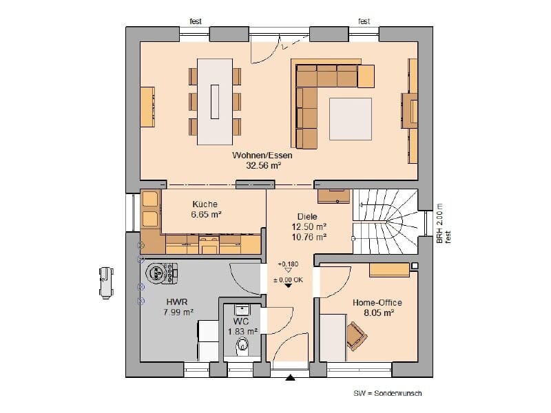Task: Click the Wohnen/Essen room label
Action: tap(262, 156)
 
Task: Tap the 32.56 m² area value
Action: tap(264, 166)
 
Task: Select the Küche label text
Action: tap(205, 204)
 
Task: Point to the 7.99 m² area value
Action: tap(178, 312)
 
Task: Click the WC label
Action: tap(241, 321)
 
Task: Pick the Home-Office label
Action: tap(377, 302)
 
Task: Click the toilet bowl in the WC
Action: tap(242, 346)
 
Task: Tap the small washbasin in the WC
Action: tap(242, 310)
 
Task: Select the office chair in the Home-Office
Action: tap(356, 336)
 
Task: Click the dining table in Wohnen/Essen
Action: tap(215, 102)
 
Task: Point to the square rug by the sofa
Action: tap(351, 119)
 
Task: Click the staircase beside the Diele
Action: tap(385, 221)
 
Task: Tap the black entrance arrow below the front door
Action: tap(290, 378)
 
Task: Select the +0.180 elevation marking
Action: tap(288, 264)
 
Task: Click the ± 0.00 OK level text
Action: tap(288, 280)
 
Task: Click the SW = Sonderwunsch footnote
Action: tap(388, 393)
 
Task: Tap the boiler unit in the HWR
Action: tap(161, 273)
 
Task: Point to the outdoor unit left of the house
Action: tap(106, 283)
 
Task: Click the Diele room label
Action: tap(307, 217)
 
